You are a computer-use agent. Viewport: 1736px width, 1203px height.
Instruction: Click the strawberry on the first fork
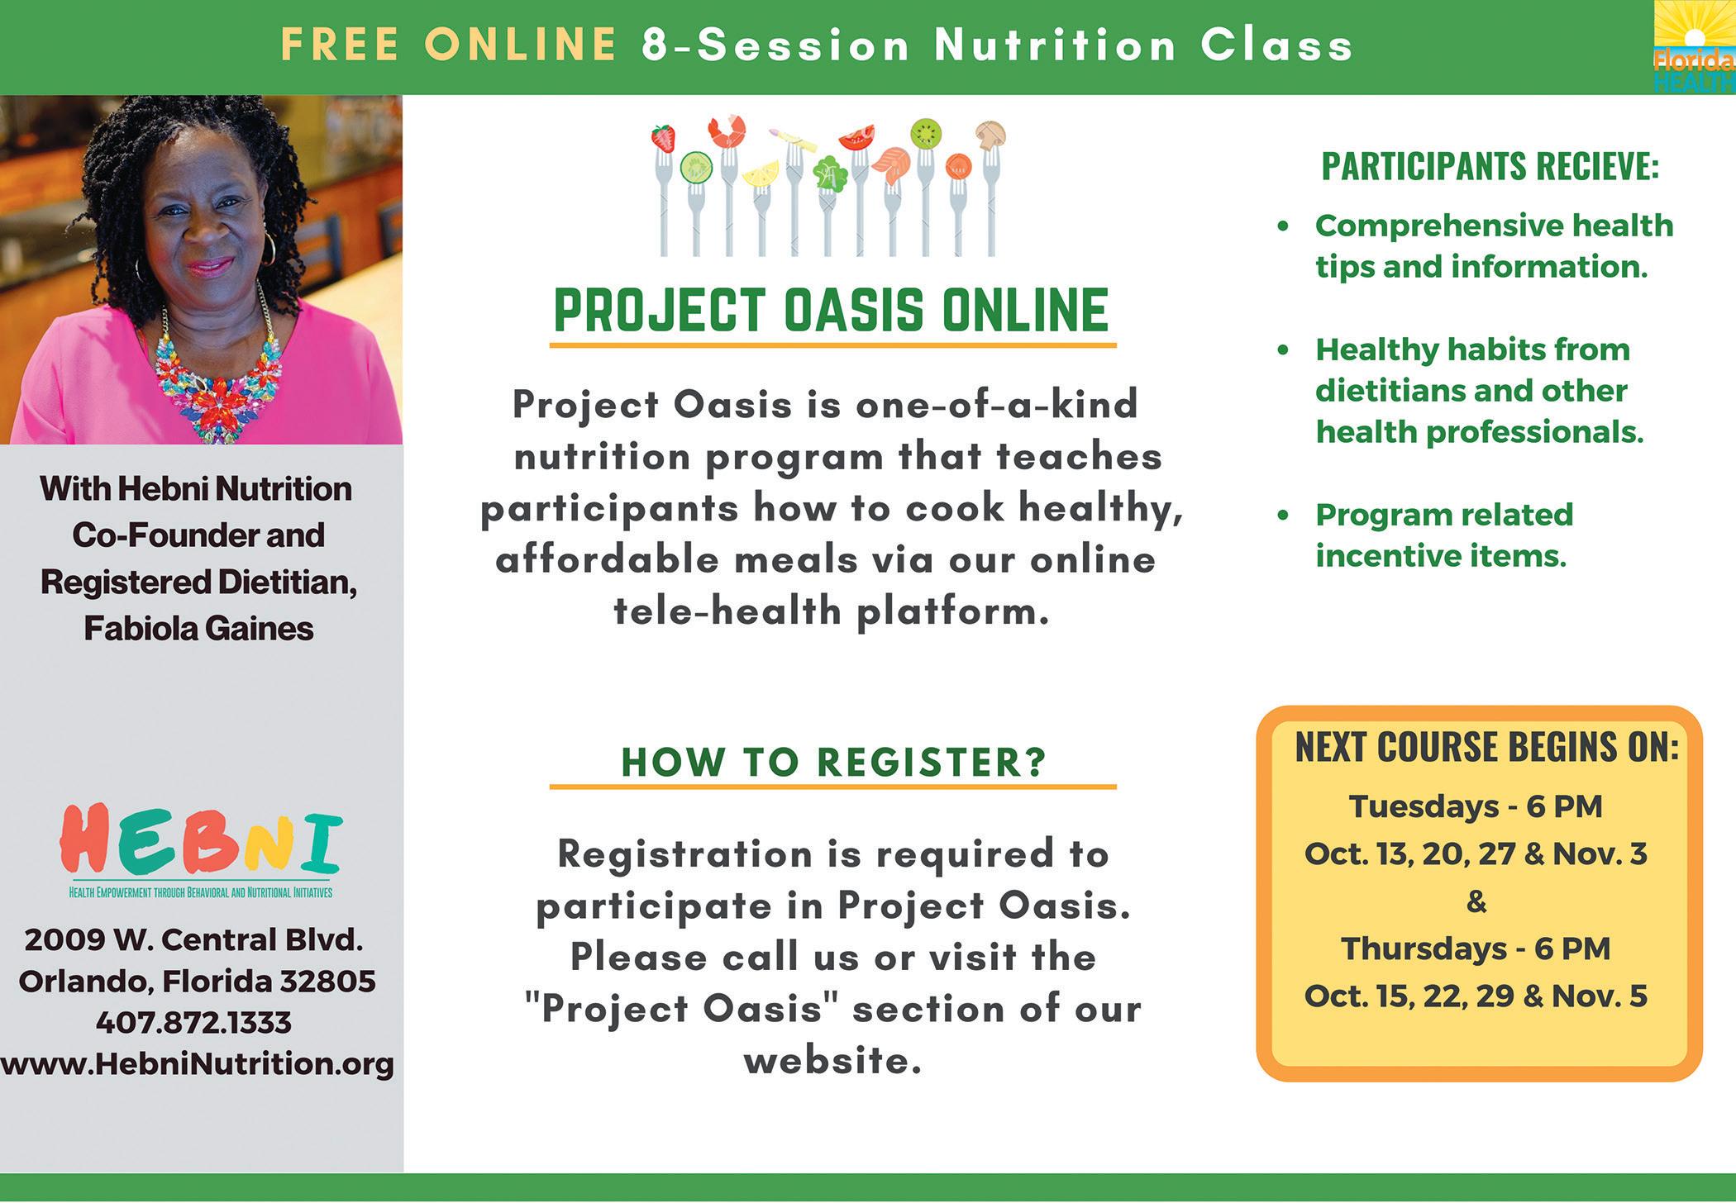tap(663, 138)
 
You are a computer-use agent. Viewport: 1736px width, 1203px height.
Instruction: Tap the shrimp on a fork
tap(727, 131)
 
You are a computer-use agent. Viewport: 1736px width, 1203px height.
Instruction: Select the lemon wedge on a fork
tap(761, 173)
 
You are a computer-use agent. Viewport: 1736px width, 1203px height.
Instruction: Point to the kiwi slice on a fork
tap(926, 133)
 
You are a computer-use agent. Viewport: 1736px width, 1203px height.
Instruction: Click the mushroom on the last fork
tap(990, 134)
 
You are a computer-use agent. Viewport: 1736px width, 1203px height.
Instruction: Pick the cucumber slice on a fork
tap(696, 168)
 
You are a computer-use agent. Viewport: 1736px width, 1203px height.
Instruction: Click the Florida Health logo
tap(1694, 47)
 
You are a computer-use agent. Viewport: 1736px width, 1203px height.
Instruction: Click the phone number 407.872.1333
tap(193, 1023)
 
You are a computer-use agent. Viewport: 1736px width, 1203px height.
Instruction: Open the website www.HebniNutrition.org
tap(197, 1064)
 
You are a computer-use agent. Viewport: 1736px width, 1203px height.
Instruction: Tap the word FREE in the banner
tap(340, 45)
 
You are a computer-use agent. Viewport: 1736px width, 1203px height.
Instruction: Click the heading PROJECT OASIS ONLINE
tap(831, 311)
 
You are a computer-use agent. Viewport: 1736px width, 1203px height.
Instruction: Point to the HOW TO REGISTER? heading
tap(834, 762)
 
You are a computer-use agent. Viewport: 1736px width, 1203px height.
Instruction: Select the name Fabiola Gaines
tap(198, 629)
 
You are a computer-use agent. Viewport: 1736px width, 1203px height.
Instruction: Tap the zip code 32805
tap(327, 982)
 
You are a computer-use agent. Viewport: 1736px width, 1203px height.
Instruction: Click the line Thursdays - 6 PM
tap(1476, 949)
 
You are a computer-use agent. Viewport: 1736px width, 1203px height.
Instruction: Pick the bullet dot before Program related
tap(1283, 515)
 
